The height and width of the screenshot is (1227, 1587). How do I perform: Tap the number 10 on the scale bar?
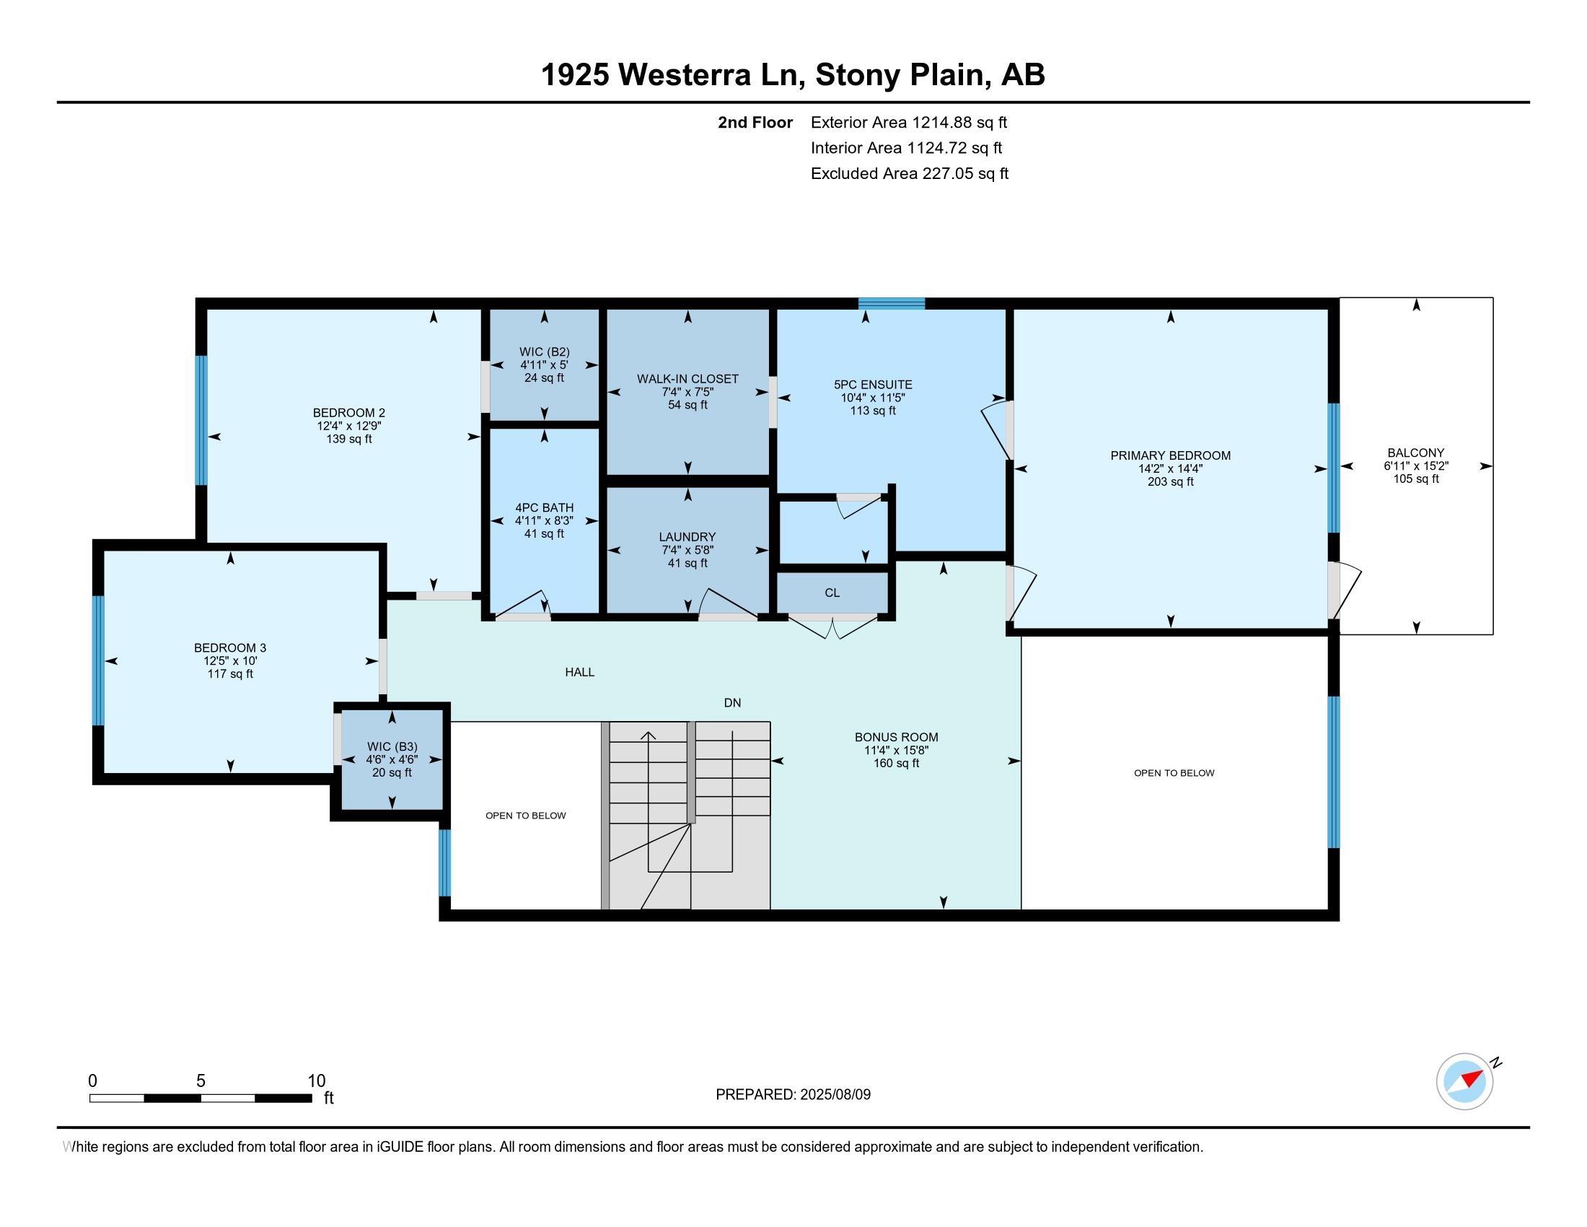point(316,1081)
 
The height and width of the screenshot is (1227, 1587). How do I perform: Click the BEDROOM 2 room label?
point(349,413)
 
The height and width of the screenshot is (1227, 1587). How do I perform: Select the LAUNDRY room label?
point(687,537)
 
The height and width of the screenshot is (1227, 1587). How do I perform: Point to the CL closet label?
point(832,593)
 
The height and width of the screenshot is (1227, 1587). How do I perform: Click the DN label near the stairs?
point(732,703)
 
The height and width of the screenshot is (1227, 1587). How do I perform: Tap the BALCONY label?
point(1415,453)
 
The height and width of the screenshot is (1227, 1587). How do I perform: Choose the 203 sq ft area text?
point(1170,482)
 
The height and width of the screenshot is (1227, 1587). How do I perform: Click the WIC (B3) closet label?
point(392,746)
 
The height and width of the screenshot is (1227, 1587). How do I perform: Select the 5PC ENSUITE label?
point(873,385)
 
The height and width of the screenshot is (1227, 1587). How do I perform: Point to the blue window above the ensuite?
point(891,303)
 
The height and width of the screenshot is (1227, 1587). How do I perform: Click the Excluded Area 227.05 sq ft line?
point(909,174)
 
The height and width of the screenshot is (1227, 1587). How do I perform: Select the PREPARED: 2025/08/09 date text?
point(793,1095)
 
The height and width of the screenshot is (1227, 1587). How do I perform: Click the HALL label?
point(580,673)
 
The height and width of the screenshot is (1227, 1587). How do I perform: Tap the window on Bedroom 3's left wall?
point(98,660)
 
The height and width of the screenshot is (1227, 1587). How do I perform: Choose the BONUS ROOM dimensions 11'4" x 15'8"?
point(896,750)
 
